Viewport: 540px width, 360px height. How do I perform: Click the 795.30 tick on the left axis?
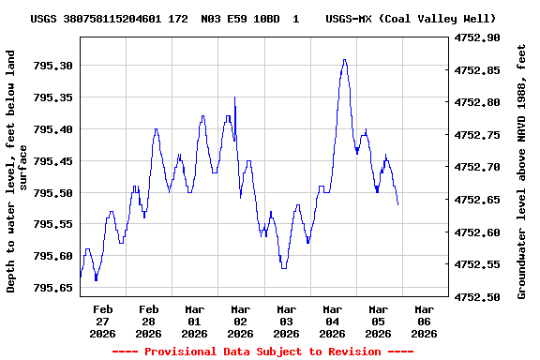point(54,66)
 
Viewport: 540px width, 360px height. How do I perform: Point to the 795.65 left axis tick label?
point(54,288)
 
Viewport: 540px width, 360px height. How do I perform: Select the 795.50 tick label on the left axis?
point(54,193)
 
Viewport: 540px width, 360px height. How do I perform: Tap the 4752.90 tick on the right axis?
point(476,38)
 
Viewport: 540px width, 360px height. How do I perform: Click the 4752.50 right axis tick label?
point(476,297)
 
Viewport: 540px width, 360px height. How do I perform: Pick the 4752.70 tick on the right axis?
point(476,168)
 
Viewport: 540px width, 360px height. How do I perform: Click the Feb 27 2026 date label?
point(103,321)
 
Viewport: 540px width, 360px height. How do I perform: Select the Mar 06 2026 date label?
point(424,321)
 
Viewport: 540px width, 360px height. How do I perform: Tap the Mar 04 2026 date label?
point(332,321)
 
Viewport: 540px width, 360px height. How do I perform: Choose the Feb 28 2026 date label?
point(149,321)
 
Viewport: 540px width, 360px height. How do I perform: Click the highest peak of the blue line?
point(345,60)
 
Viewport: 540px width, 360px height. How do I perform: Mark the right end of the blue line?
point(397,204)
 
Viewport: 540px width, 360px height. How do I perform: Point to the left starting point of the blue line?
point(81,277)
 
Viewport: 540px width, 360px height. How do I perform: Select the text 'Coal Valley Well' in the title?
point(438,19)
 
